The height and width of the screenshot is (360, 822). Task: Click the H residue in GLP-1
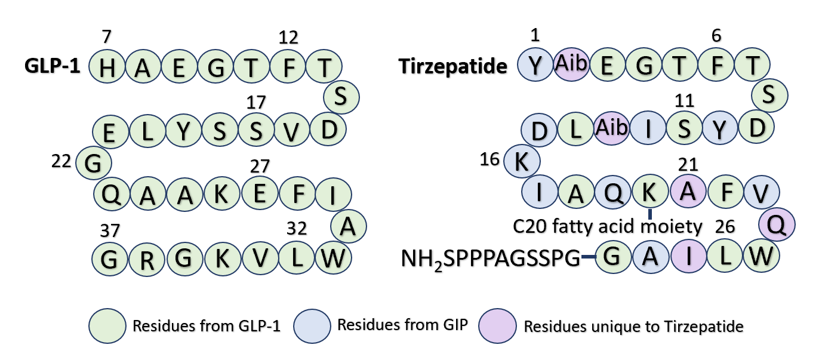point(107,67)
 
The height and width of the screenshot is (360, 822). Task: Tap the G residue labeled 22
point(94,162)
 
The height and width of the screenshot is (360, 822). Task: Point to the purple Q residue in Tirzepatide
point(777,224)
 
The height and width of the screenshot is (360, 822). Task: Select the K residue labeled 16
point(522,162)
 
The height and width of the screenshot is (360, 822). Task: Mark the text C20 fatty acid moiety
point(607,226)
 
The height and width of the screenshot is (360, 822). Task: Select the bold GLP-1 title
point(53,66)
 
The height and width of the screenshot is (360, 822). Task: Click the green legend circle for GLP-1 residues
point(107,326)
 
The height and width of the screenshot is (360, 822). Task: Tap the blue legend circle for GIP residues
point(312,326)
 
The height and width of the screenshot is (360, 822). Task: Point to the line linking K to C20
point(650,212)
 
